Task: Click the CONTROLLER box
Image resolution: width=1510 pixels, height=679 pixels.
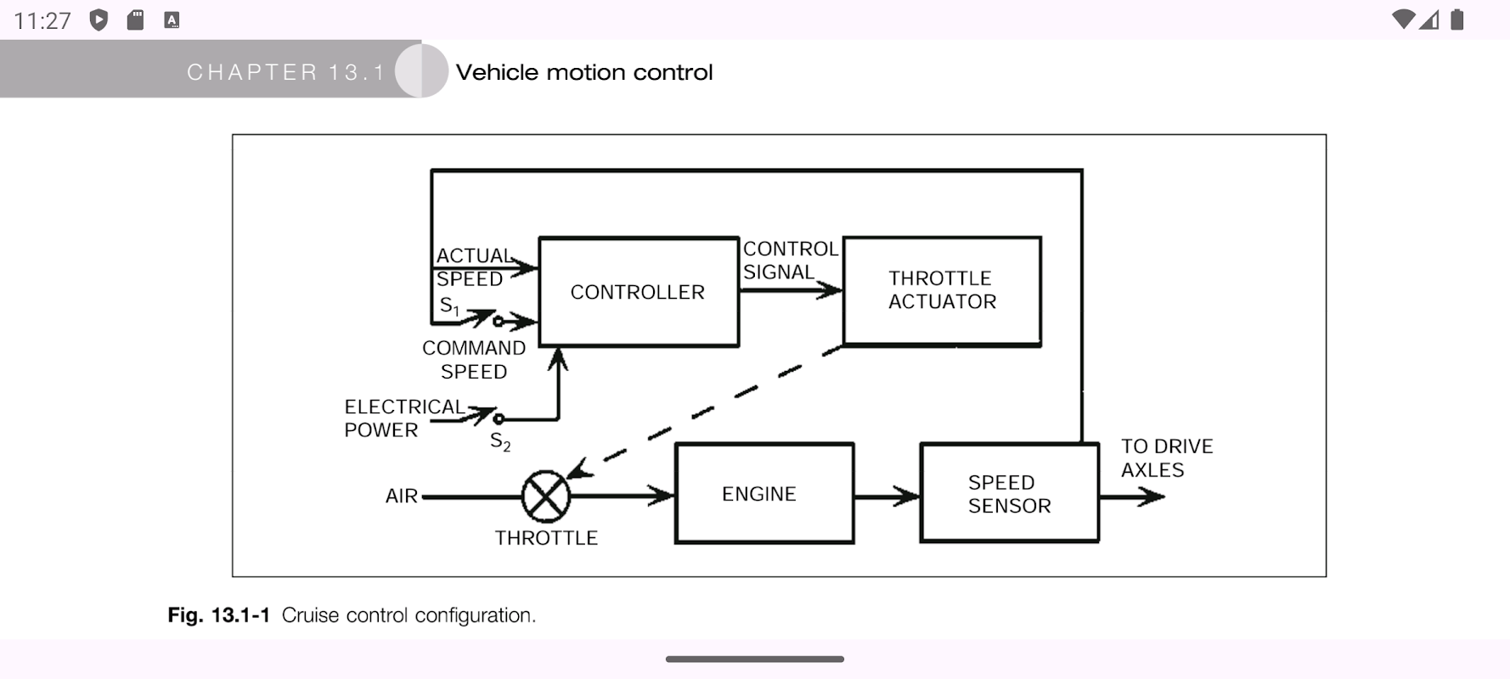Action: (x=638, y=292)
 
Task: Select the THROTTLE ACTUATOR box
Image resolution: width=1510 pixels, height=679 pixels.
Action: (x=942, y=290)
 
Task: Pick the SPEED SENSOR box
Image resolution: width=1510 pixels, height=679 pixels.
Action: (x=1009, y=493)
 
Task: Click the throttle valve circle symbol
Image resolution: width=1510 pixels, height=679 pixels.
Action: (x=545, y=497)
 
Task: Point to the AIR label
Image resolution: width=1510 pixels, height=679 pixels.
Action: (x=402, y=497)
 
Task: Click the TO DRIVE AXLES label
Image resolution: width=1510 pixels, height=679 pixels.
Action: (x=1166, y=458)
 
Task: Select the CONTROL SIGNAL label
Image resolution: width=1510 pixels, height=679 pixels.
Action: (x=790, y=261)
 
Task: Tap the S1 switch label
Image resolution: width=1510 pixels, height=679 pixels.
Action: (x=449, y=306)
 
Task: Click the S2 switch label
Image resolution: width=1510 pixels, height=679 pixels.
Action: (x=500, y=442)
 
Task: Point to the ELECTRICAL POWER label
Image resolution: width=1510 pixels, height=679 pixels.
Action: (x=403, y=418)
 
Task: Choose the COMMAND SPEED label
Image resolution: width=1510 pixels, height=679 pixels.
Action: (x=474, y=360)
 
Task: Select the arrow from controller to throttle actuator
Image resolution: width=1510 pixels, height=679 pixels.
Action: (x=790, y=290)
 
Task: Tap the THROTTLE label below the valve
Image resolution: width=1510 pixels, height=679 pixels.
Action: (x=546, y=538)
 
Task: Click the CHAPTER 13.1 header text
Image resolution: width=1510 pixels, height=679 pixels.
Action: (x=286, y=72)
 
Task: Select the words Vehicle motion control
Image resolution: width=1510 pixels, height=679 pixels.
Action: (x=584, y=72)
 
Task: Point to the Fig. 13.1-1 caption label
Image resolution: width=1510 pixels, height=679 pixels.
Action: (x=219, y=615)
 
